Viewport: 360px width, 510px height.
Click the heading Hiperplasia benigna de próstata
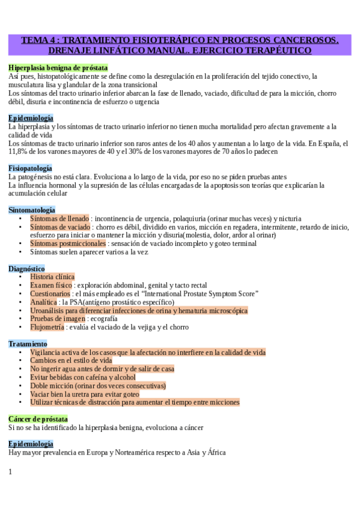coord(58,68)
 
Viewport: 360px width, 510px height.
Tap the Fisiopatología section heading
coord(30,168)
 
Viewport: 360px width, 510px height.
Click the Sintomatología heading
coord(31,210)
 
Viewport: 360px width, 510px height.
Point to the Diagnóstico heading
coord(26,268)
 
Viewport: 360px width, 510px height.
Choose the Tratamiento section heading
coord(28,343)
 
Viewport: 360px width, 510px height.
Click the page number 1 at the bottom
coord(11,472)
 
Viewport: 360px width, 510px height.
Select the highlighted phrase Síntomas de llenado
coord(59,219)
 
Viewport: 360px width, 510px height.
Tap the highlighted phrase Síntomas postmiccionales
coord(68,244)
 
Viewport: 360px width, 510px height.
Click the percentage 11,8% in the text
coord(19,152)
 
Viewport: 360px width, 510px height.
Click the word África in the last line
coord(213,452)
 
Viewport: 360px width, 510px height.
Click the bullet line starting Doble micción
coord(98,386)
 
